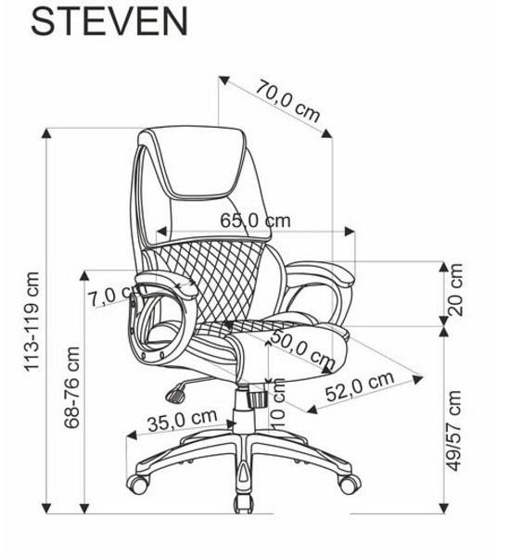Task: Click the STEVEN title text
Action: coord(109,21)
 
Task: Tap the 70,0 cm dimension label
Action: coord(288,101)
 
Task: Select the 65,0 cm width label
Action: coord(255,221)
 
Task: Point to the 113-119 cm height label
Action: coord(32,322)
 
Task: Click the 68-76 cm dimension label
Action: coord(72,387)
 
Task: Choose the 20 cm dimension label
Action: coord(456,290)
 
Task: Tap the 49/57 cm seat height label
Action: coord(454,431)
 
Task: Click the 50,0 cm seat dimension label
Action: coord(302,349)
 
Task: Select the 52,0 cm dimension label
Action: coord(360,386)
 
